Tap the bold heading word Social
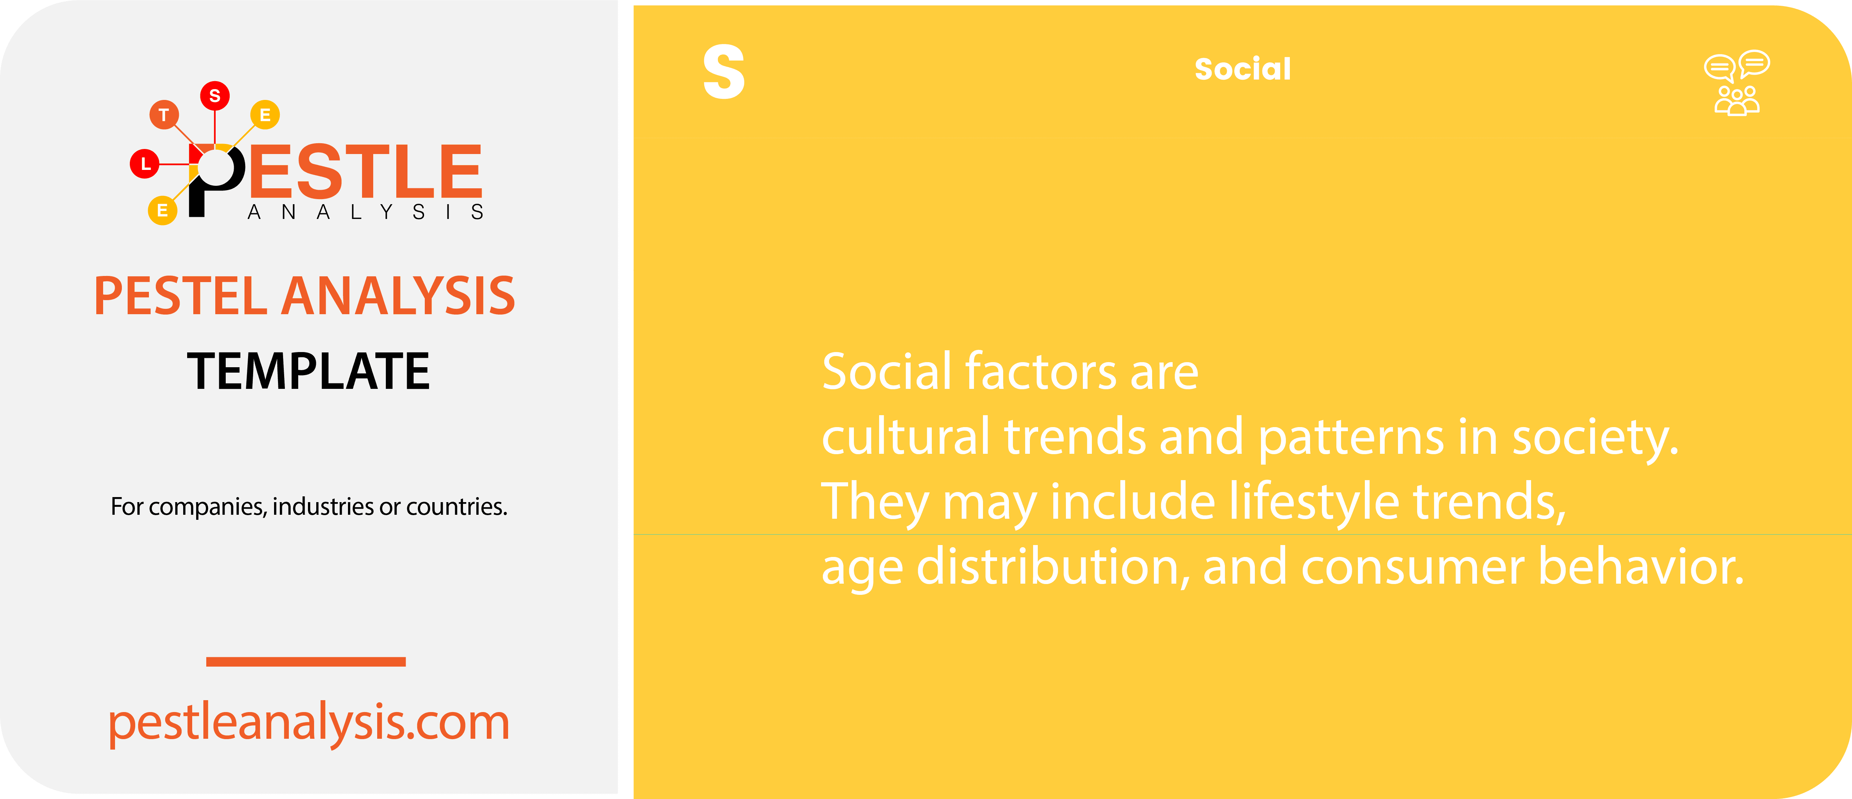pyautogui.click(x=1242, y=69)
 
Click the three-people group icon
pyautogui.click(x=1736, y=101)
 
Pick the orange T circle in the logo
pyautogui.click(x=164, y=114)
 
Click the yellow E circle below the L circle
pyautogui.click(x=163, y=210)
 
